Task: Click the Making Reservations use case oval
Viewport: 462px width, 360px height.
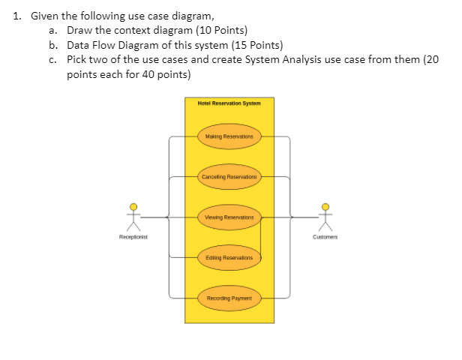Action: [x=229, y=137]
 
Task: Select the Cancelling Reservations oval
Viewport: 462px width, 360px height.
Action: [x=229, y=178]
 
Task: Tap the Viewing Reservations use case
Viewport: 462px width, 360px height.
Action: [x=229, y=217]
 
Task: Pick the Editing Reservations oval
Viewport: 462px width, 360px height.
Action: [x=229, y=257]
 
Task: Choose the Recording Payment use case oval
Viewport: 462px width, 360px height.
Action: [x=229, y=298]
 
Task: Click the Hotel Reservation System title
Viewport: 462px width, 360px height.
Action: [x=229, y=103]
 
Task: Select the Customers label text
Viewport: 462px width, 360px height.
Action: [x=325, y=236]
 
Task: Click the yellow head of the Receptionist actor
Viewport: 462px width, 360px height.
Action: [x=133, y=207]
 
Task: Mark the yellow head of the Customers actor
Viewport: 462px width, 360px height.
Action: [x=325, y=207]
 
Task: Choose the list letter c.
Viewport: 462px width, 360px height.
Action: [x=51, y=58]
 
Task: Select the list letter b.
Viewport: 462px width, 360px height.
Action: [x=51, y=44]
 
